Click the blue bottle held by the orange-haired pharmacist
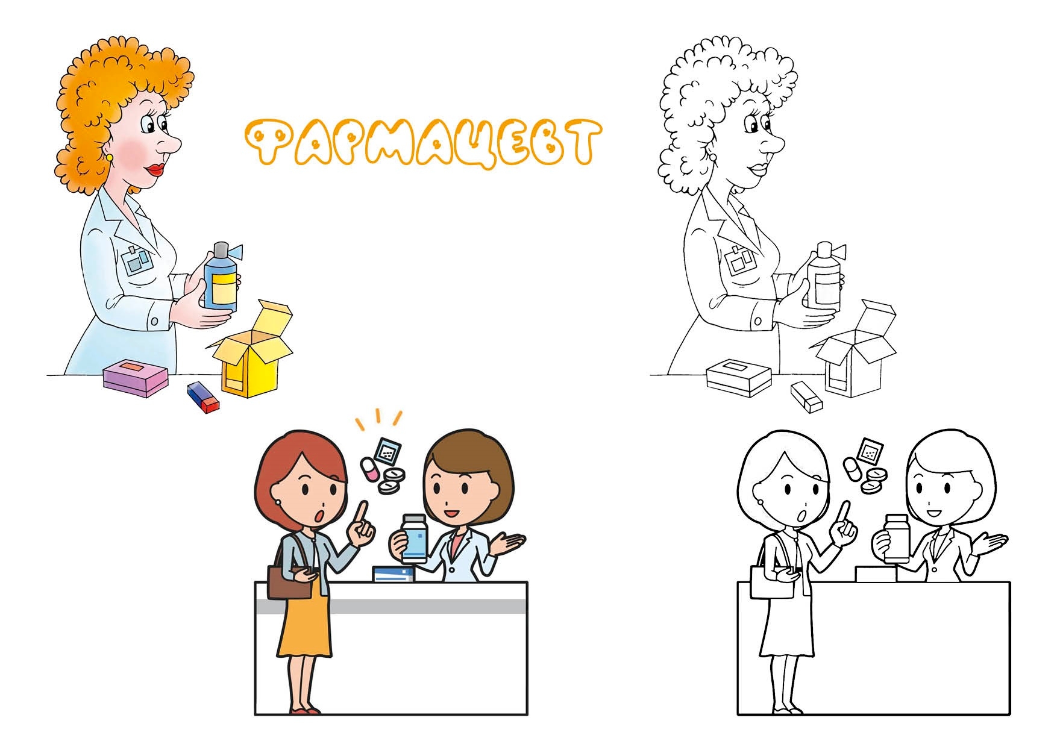pyautogui.click(x=221, y=278)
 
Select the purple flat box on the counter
pyautogui.click(x=135, y=378)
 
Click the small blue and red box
pyautogui.click(x=203, y=397)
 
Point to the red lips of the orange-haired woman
pyautogui.click(x=157, y=169)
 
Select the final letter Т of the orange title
pyautogui.click(x=579, y=142)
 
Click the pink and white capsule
pyautogui.click(x=371, y=469)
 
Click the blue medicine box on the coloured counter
pyautogui.click(x=394, y=574)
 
